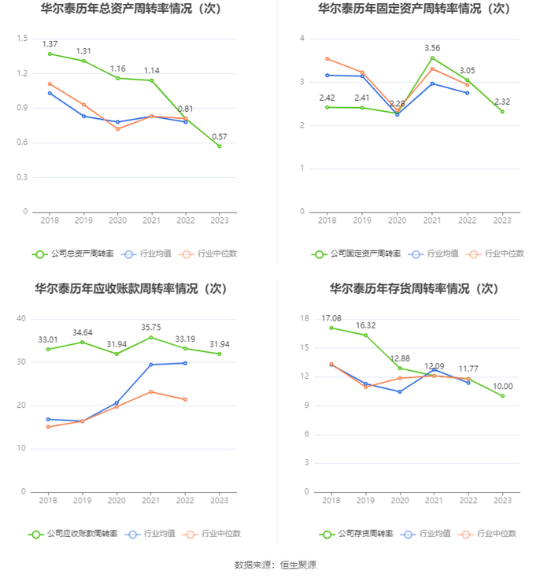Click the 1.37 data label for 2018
coord(50,43)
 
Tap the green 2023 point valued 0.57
coord(220,146)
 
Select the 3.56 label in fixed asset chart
coord(432,48)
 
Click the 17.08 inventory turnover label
coord(331,318)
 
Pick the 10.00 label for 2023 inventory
coord(502,386)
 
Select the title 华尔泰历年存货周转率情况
coord(413,289)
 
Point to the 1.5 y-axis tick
coord(22,39)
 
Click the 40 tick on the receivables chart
coord(22,318)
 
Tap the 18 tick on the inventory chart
coord(305,318)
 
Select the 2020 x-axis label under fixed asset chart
coord(398,220)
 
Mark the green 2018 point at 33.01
coord(49,349)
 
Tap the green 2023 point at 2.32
coord(502,111)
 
